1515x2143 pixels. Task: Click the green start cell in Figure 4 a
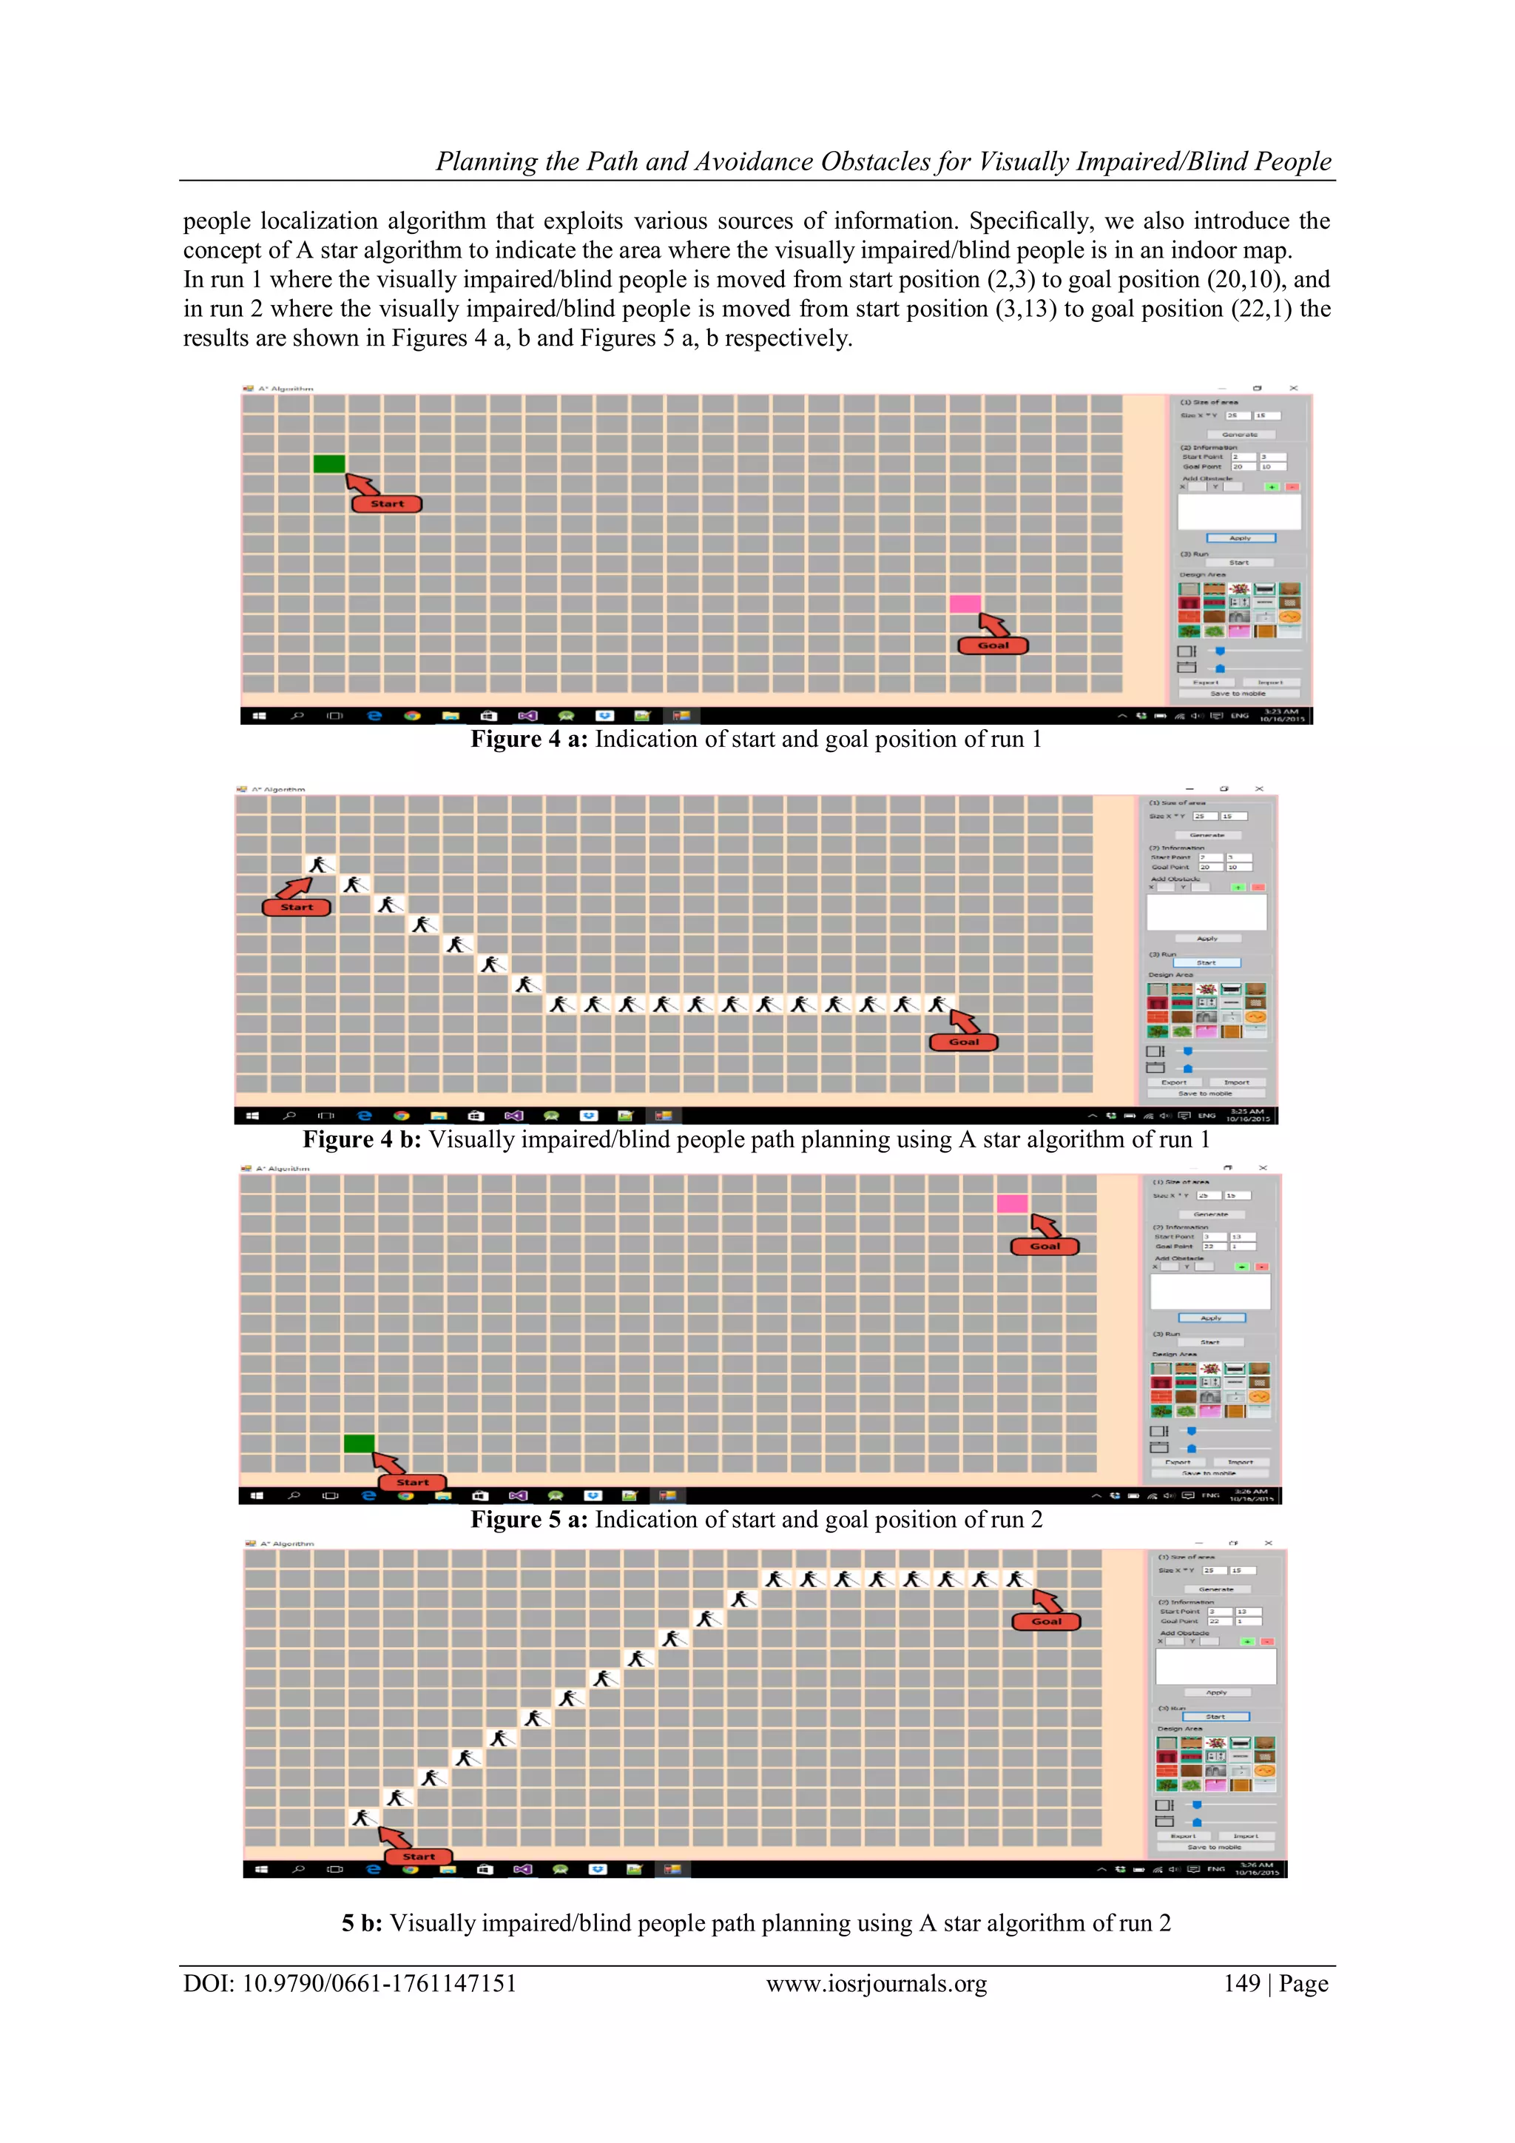pos(329,464)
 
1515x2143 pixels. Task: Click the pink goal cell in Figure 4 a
pos(965,604)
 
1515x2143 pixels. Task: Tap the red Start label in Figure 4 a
pos(387,504)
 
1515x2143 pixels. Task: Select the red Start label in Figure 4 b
pos(297,908)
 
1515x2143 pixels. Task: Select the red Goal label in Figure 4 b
pos(964,1042)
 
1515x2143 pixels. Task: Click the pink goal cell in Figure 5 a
pos(1012,1204)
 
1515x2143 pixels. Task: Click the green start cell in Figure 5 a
pos(360,1444)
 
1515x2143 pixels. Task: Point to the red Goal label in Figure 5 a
pos(1045,1246)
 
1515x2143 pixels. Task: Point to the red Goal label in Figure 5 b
pos(1046,1621)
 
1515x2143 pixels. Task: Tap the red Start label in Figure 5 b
pos(418,1857)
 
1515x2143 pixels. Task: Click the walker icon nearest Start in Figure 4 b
pos(319,865)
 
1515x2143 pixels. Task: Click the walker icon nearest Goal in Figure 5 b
pos(1018,1578)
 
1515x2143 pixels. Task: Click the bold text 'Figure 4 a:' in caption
pos(528,740)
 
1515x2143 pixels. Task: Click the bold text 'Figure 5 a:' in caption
pos(528,1520)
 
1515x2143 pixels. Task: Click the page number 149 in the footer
pos(1242,1983)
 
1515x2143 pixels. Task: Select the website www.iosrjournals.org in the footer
pos(876,1983)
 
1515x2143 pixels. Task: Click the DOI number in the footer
pos(379,1983)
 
